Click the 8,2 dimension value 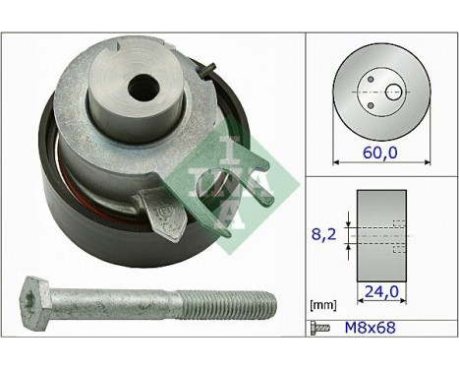(324, 236)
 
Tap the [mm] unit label (321, 306)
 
